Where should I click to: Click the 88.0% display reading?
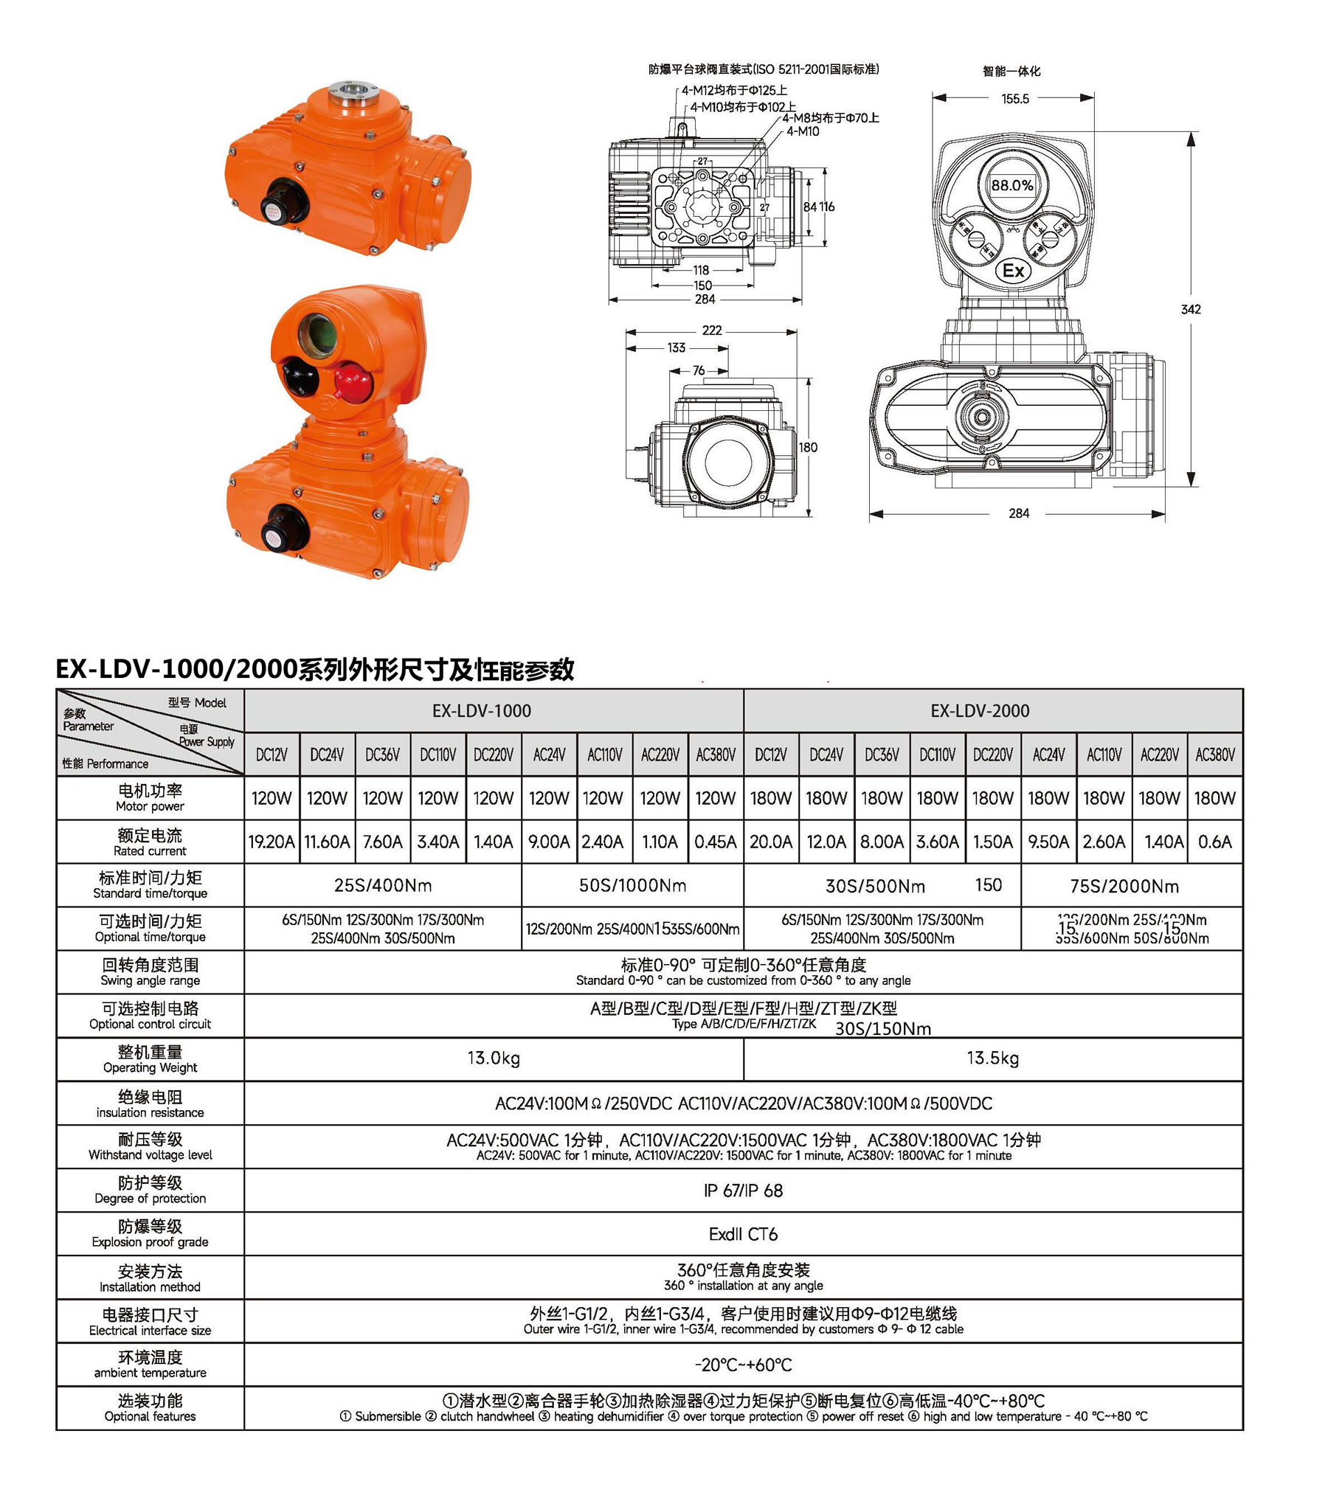(1011, 185)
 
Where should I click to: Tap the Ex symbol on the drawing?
(1013, 271)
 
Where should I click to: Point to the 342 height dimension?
(1191, 309)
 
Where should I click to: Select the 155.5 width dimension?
(1014, 99)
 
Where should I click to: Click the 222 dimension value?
(711, 330)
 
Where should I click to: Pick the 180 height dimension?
(808, 447)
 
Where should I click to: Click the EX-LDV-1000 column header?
(481, 710)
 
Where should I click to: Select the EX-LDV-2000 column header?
(979, 710)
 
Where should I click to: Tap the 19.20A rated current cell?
(271, 842)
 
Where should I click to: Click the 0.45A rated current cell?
(715, 842)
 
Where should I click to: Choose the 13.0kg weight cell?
(493, 1058)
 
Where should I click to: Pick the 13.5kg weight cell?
(992, 1058)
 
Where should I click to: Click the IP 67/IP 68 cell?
(742, 1191)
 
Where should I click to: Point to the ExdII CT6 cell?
(742, 1234)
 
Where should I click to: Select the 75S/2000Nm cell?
(1124, 886)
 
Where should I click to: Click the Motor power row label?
(150, 797)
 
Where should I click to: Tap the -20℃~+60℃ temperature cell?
(742, 1365)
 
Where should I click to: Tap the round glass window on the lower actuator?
(318, 333)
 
